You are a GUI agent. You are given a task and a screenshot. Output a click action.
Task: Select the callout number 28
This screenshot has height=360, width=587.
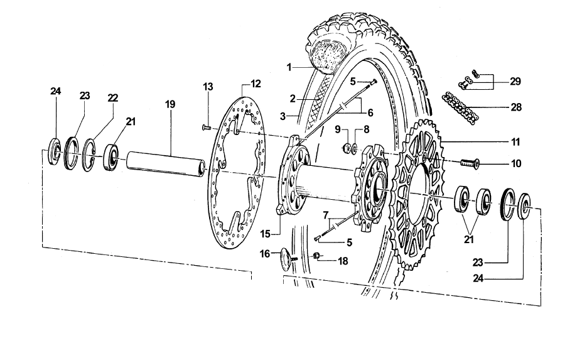point(516,107)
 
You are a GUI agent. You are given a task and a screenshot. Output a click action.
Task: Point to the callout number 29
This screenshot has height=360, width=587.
point(516,82)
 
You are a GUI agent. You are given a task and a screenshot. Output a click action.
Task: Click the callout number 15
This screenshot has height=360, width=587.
point(265,234)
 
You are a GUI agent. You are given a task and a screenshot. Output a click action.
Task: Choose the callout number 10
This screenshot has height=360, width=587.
point(516,165)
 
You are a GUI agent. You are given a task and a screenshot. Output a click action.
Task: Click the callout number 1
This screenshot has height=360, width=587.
point(289,66)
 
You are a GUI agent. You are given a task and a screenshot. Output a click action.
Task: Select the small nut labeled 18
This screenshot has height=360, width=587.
point(318,255)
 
